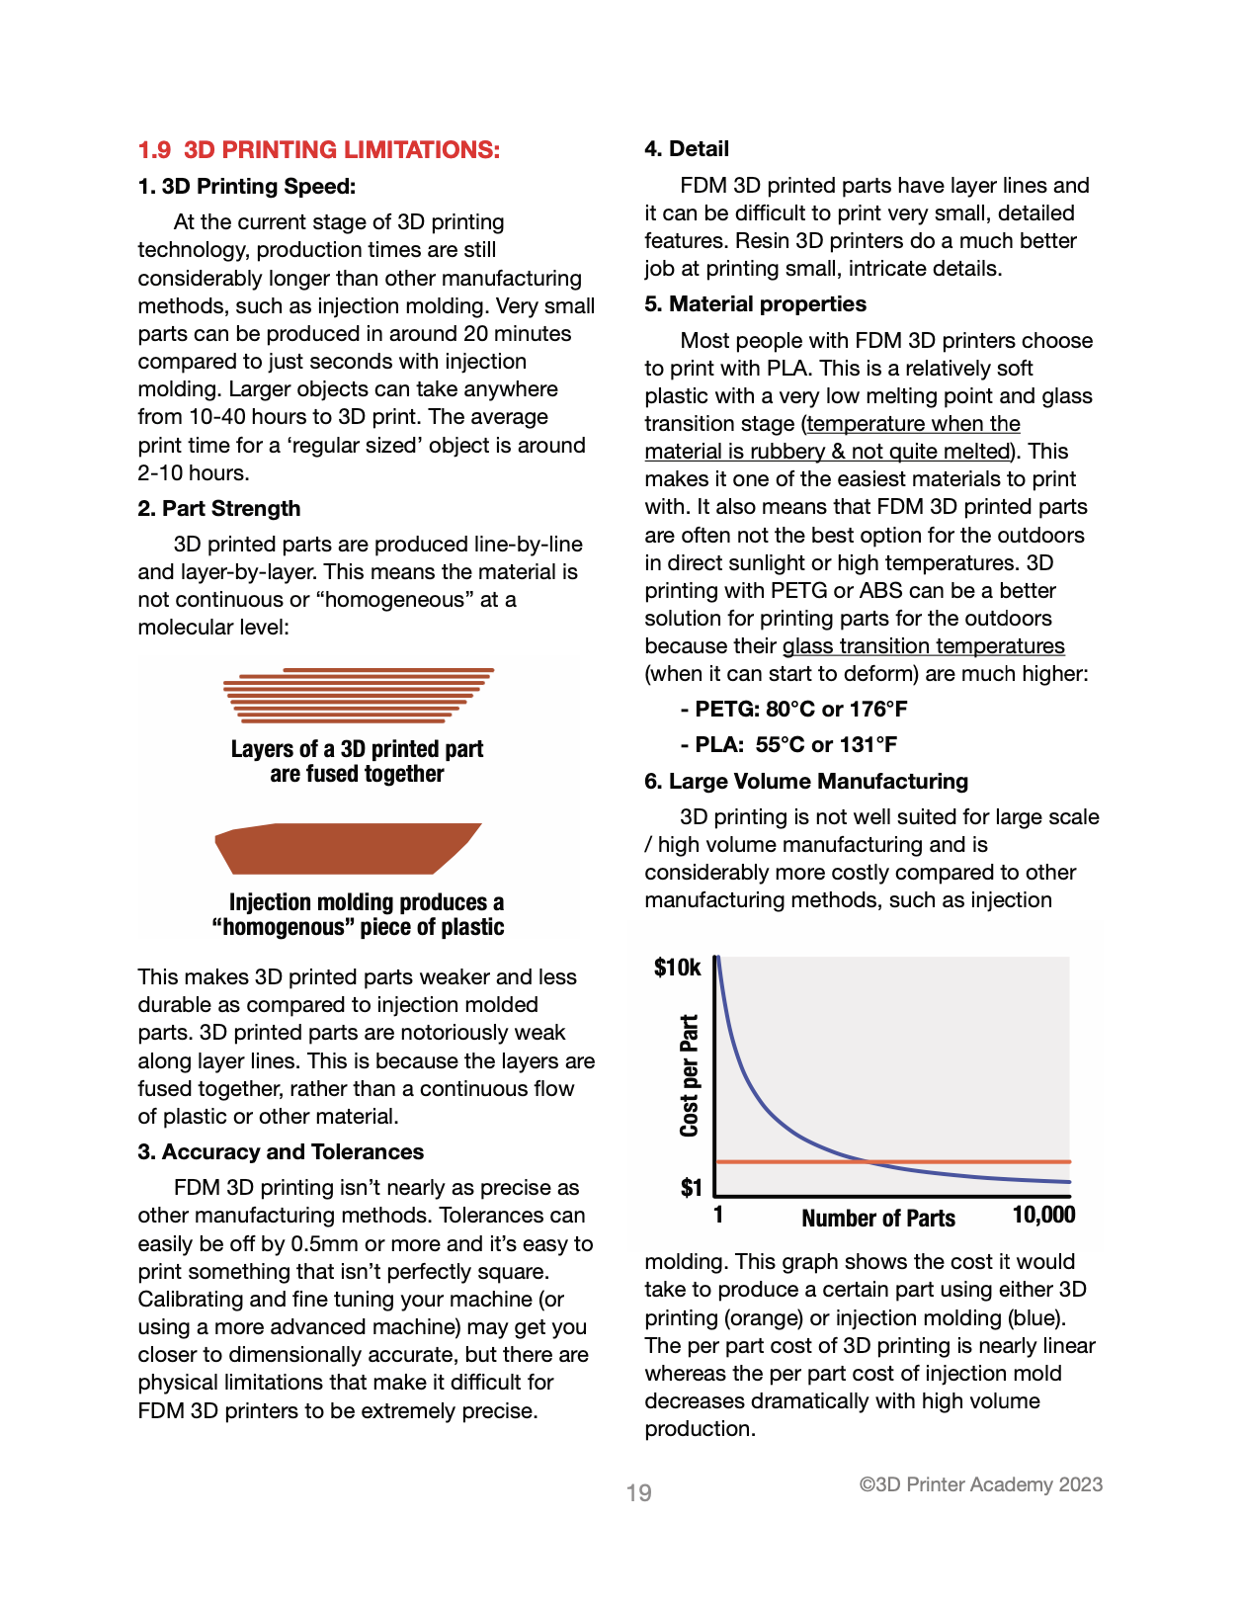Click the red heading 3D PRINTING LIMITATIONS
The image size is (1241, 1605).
[319, 150]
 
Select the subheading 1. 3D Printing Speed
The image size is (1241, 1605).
[247, 187]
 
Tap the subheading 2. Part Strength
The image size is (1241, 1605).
[219, 509]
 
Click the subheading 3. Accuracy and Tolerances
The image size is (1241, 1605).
[281, 1152]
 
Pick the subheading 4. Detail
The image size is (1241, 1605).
[687, 149]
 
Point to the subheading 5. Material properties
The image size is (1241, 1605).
[755, 304]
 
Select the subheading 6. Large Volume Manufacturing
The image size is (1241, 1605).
[806, 782]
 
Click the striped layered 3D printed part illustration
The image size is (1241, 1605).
[358, 695]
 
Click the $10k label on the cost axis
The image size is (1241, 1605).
[678, 968]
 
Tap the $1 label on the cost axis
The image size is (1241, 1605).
[691, 1188]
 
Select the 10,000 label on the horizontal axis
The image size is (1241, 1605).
[1043, 1216]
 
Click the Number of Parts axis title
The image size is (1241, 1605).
[878, 1219]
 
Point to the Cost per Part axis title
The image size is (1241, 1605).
[690, 1075]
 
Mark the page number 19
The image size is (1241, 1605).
[639, 1493]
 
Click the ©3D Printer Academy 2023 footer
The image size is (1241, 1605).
[980, 1485]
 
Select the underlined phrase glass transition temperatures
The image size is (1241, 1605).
[923, 647]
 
